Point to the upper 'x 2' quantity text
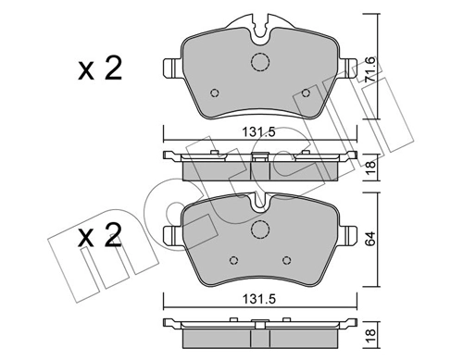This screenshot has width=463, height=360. click(x=100, y=71)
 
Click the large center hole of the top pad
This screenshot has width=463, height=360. click(x=259, y=63)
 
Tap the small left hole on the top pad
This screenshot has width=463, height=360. click(x=215, y=93)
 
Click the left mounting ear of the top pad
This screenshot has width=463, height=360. click(x=171, y=69)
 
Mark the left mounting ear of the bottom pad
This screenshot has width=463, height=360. click(x=171, y=233)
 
